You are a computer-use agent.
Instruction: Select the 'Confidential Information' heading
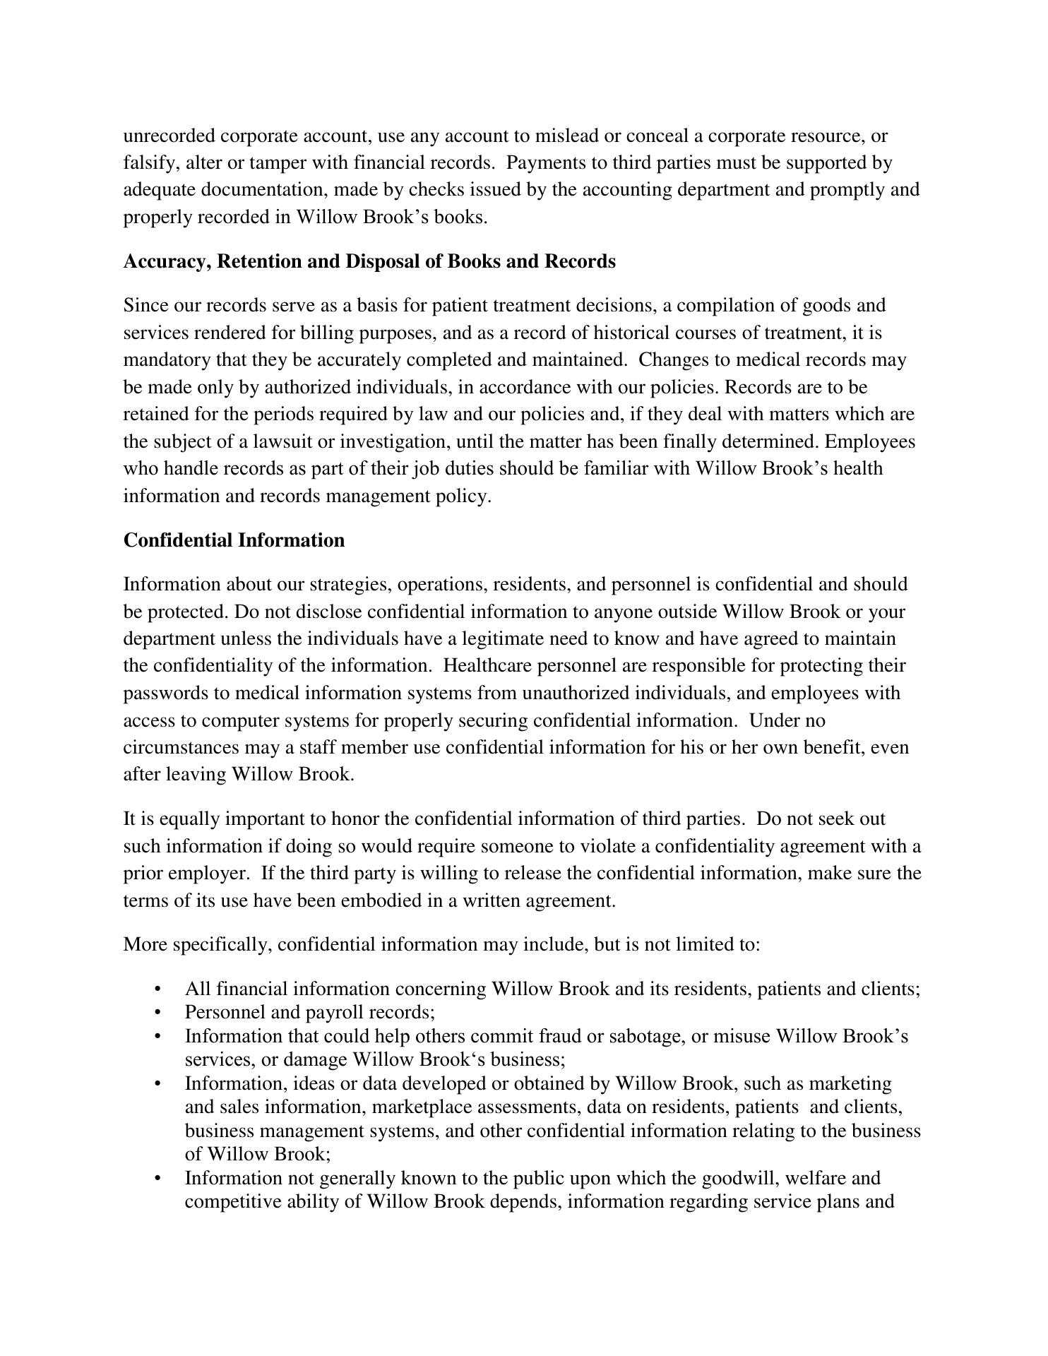[234, 540]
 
